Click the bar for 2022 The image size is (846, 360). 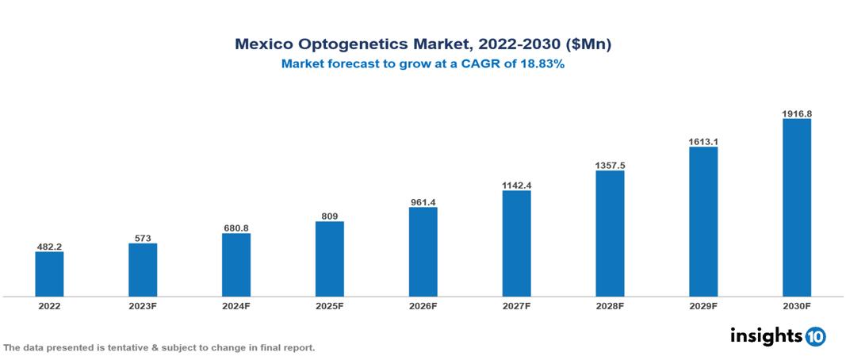49,274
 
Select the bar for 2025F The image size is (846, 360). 330,259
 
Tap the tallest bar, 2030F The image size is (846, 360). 797,208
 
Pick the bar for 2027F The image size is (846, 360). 516,243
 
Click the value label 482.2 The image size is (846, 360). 49,247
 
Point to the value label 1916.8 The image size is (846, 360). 797,113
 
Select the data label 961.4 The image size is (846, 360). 423,202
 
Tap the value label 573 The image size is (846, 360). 143,238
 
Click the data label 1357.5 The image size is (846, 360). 610,165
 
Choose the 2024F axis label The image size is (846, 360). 236,305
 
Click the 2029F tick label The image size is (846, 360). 703,305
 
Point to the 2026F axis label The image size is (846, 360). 423,305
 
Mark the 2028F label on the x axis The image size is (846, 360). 610,305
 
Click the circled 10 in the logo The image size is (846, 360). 815,336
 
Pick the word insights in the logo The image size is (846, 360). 766,335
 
